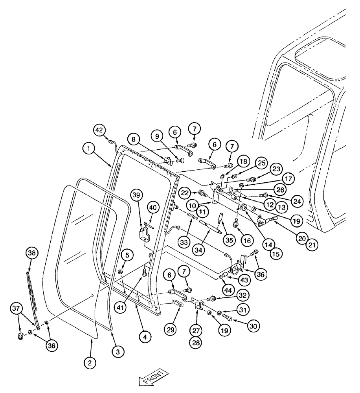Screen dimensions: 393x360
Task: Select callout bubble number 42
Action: coord(99,129)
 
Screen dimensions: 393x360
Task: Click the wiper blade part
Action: coord(33,295)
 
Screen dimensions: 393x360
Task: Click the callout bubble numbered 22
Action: coord(186,193)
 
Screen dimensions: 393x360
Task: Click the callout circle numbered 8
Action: coord(134,140)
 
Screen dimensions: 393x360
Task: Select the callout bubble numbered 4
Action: coord(145,336)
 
